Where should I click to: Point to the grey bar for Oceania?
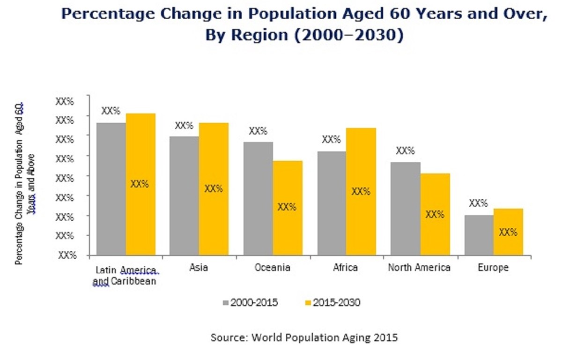258,199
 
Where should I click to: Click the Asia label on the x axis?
199,268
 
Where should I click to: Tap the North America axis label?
419,268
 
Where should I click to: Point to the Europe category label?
493,268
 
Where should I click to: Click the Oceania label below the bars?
273,268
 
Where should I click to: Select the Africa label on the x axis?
346,268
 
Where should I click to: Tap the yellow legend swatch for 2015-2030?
307,303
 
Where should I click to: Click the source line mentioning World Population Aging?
304,337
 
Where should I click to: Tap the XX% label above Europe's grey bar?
478,203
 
